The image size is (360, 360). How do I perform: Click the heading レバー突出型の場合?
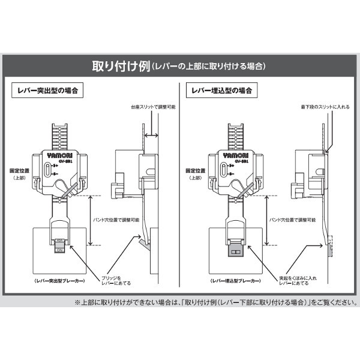(47, 91)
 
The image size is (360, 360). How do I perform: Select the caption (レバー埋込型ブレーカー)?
(229, 281)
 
